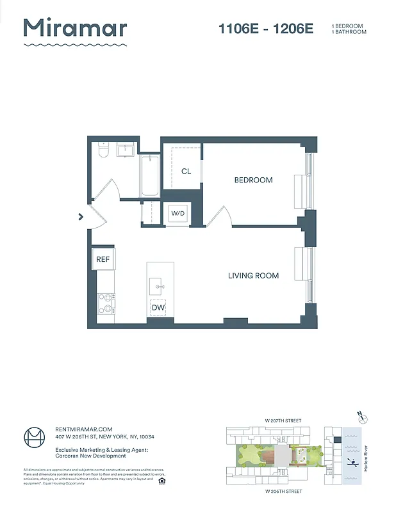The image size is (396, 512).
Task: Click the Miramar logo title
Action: (x=75, y=29)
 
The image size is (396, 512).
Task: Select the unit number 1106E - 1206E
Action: (x=266, y=29)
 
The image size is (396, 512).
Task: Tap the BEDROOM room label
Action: (x=253, y=180)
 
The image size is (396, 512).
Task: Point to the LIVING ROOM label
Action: (x=253, y=276)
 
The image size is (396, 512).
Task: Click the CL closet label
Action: (x=186, y=172)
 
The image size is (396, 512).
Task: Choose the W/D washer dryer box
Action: (x=177, y=214)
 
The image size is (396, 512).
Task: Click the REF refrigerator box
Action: (x=103, y=259)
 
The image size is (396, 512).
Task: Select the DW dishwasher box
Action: (x=158, y=308)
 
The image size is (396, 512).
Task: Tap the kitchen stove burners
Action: (x=106, y=303)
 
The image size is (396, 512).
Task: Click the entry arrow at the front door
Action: (x=81, y=216)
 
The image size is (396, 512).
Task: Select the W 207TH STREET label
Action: (x=282, y=420)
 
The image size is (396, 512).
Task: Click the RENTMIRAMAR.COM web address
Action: (x=85, y=429)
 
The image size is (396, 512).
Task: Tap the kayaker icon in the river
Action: (x=351, y=462)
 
